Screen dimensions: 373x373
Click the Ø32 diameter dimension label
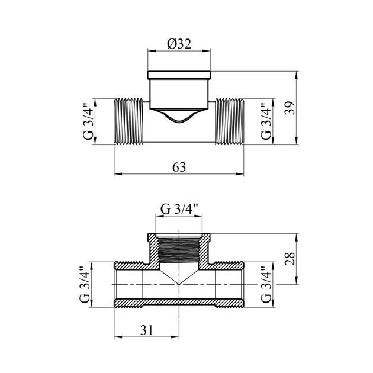pyautogui.click(x=179, y=44)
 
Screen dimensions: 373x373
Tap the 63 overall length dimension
pyautogui.click(x=179, y=167)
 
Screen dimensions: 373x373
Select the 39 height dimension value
pyautogui.click(x=290, y=108)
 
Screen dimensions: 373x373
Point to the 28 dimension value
pyautogui.click(x=290, y=259)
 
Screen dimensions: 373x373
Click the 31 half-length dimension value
pyautogui.click(x=146, y=330)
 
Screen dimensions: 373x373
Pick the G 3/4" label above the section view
pyautogui.click(x=179, y=210)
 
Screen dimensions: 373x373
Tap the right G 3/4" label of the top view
pyautogui.click(x=266, y=121)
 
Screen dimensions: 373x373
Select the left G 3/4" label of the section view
pyautogui.click(x=85, y=285)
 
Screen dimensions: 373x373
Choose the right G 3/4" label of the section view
pyautogui.click(x=266, y=285)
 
